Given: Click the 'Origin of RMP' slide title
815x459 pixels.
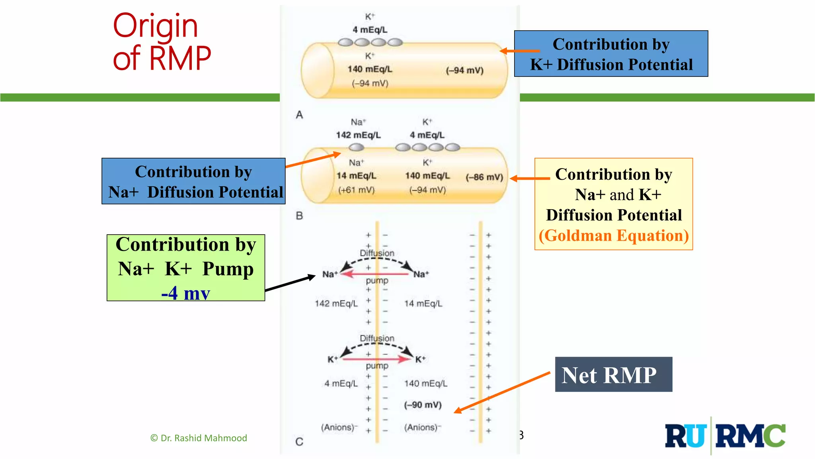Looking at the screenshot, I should [x=161, y=42].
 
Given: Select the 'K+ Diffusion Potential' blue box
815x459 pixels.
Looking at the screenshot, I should [x=611, y=54].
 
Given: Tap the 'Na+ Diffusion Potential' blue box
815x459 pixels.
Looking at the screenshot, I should [x=193, y=181].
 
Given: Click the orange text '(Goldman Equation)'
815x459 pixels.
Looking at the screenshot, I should [x=613, y=235].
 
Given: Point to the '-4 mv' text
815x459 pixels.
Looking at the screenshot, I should [x=185, y=293].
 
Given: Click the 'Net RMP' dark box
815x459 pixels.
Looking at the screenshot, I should [x=613, y=375].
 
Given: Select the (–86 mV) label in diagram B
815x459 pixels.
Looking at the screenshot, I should [x=484, y=177].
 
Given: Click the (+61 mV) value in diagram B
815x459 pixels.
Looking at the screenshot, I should [x=356, y=190].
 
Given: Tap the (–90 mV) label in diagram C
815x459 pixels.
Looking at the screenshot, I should [x=423, y=405].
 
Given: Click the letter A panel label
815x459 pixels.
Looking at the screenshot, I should [x=299, y=115].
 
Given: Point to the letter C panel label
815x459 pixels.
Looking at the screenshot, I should [x=299, y=441].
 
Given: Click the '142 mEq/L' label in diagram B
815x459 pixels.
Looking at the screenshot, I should [x=358, y=135].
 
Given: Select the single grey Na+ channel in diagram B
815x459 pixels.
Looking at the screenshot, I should [x=356, y=147].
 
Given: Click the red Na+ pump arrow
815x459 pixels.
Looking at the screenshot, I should [x=374, y=274].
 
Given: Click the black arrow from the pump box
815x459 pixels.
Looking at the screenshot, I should [x=290, y=284].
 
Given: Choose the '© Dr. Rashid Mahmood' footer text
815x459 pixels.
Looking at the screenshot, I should [x=199, y=438].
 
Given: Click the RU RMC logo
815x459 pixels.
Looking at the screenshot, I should [x=725, y=435].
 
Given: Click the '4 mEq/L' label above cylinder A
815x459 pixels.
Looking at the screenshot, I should [x=370, y=30].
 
